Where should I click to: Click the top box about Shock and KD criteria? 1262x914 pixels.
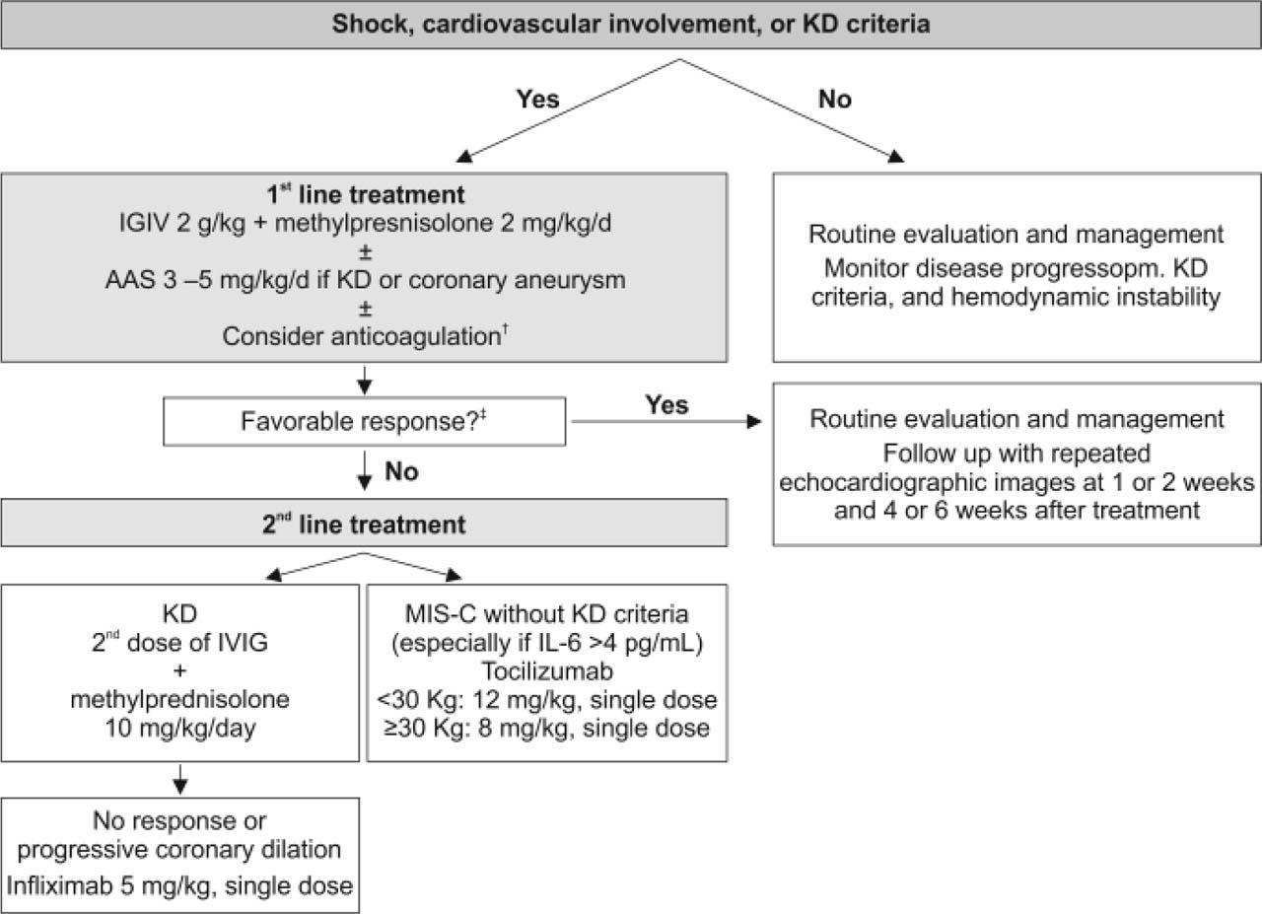(x=631, y=25)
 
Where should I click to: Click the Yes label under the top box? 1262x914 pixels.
(x=537, y=100)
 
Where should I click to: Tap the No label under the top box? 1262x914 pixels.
(x=834, y=100)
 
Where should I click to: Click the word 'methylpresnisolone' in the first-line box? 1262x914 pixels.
(x=443, y=224)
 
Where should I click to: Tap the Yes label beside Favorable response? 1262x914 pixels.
(x=666, y=405)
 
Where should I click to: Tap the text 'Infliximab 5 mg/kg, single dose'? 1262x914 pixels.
(x=179, y=884)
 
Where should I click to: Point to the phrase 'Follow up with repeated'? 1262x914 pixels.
(x=1017, y=456)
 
